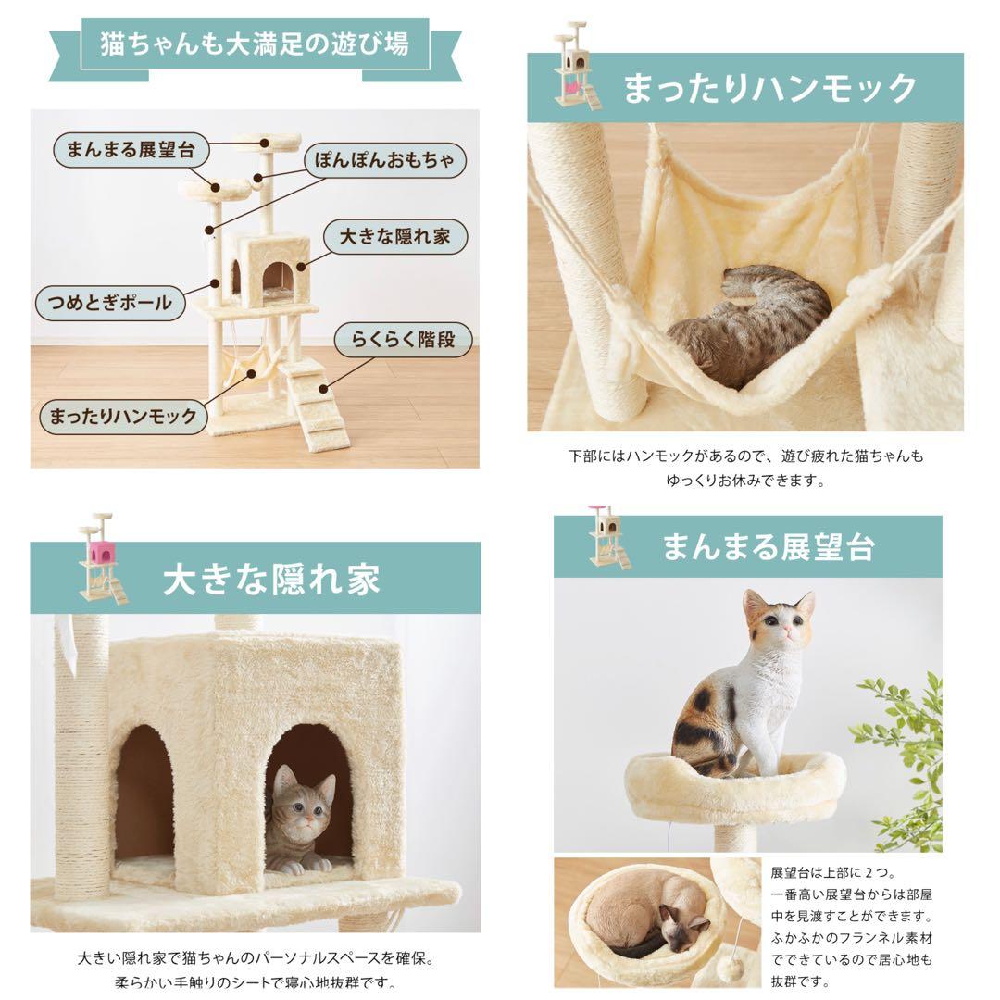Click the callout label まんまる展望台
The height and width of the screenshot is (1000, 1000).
pyautogui.click(x=131, y=151)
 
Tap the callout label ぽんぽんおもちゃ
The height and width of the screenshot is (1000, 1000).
pyautogui.click(x=384, y=160)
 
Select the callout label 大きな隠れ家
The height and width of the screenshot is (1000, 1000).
pyautogui.click(x=394, y=237)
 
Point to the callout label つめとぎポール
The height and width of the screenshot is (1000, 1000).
pyautogui.click(x=109, y=303)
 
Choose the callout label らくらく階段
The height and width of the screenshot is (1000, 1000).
pyautogui.click(x=403, y=339)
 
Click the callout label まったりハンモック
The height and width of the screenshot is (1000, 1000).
pyautogui.click(x=123, y=417)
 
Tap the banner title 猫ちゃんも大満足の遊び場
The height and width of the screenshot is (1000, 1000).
pyautogui.click(x=255, y=44)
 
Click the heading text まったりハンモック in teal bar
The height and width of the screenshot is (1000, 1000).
pyautogui.click(x=769, y=88)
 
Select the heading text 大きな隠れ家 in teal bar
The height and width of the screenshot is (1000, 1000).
pyautogui.click(x=271, y=579)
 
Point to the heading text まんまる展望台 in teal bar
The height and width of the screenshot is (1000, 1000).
pyautogui.click(x=768, y=547)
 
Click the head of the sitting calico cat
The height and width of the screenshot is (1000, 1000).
pyautogui.click(x=779, y=618)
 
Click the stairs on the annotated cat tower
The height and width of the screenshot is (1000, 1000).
pyautogui.click(x=316, y=405)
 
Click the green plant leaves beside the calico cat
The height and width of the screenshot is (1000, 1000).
pyautogui.click(x=903, y=759)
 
